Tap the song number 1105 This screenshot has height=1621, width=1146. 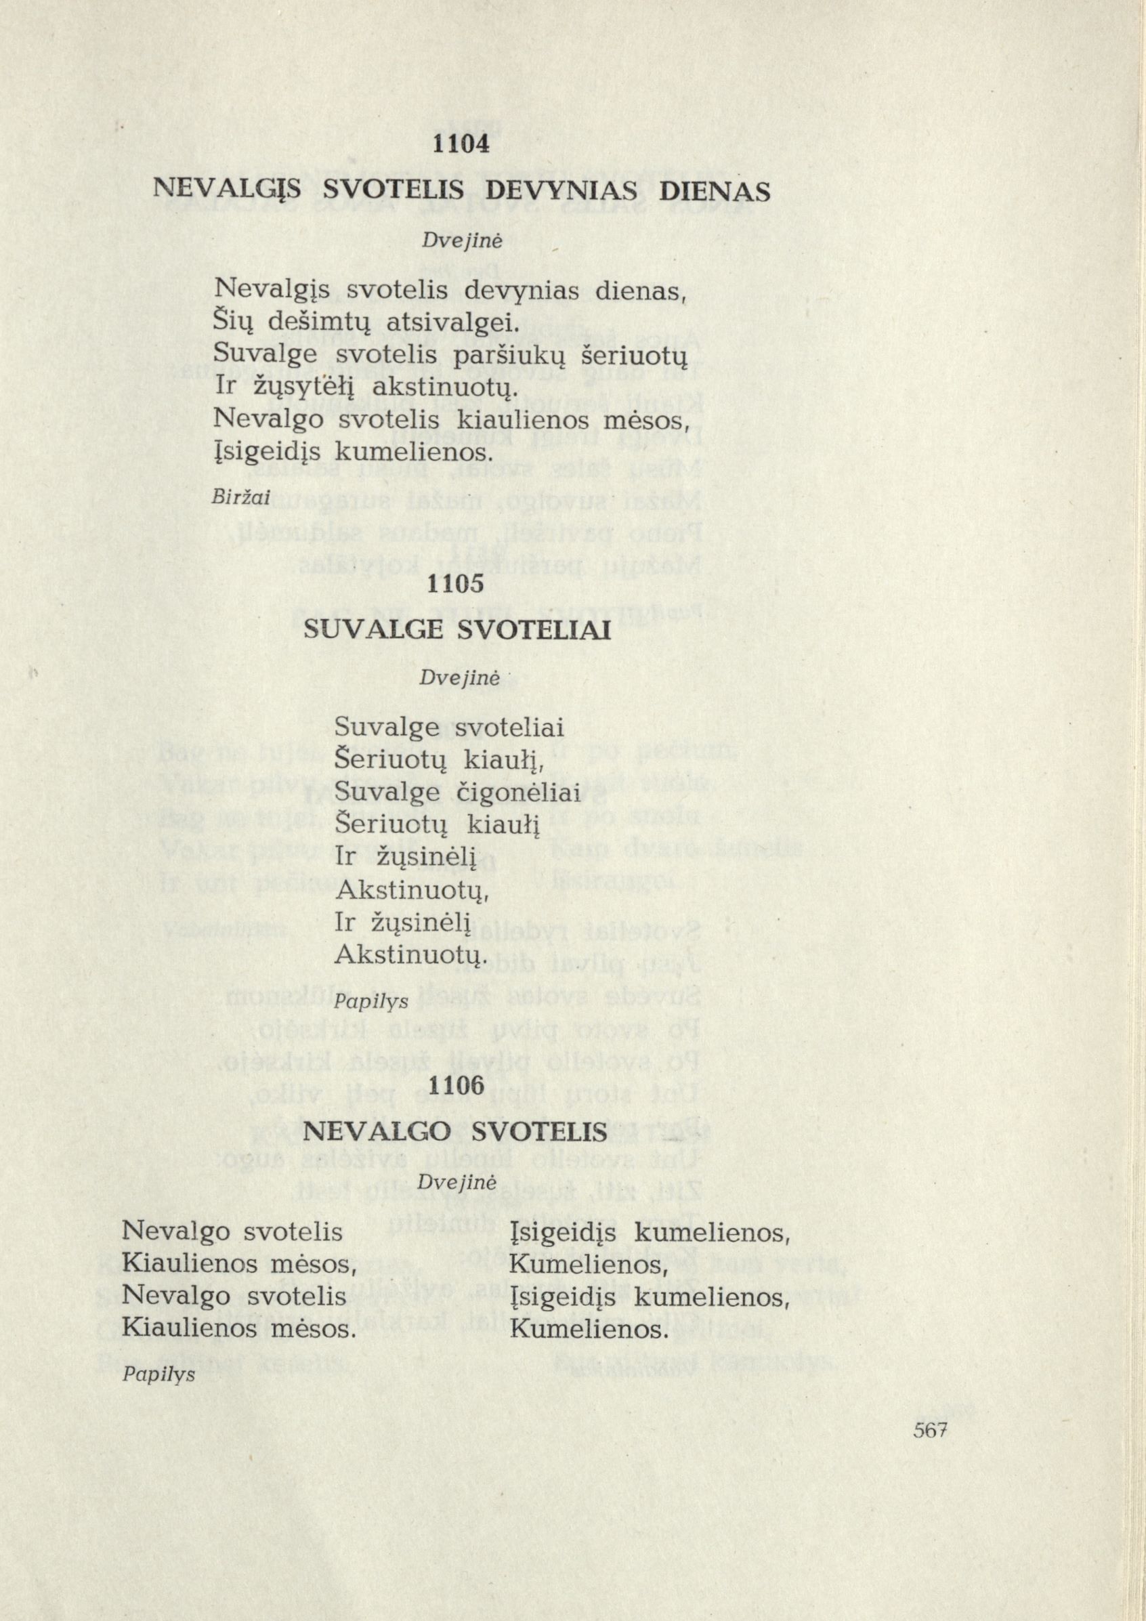coord(458,584)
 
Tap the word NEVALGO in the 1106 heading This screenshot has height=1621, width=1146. coord(381,1133)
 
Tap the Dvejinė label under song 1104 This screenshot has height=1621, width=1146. coord(451,241)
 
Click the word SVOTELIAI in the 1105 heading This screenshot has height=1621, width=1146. coord(534,631)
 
